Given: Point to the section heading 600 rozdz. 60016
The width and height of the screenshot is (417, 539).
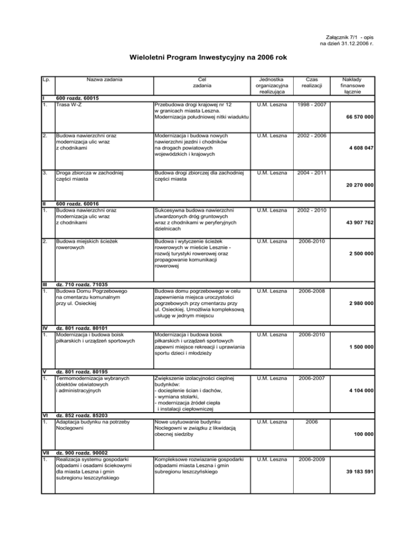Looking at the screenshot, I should pos(78,203).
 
